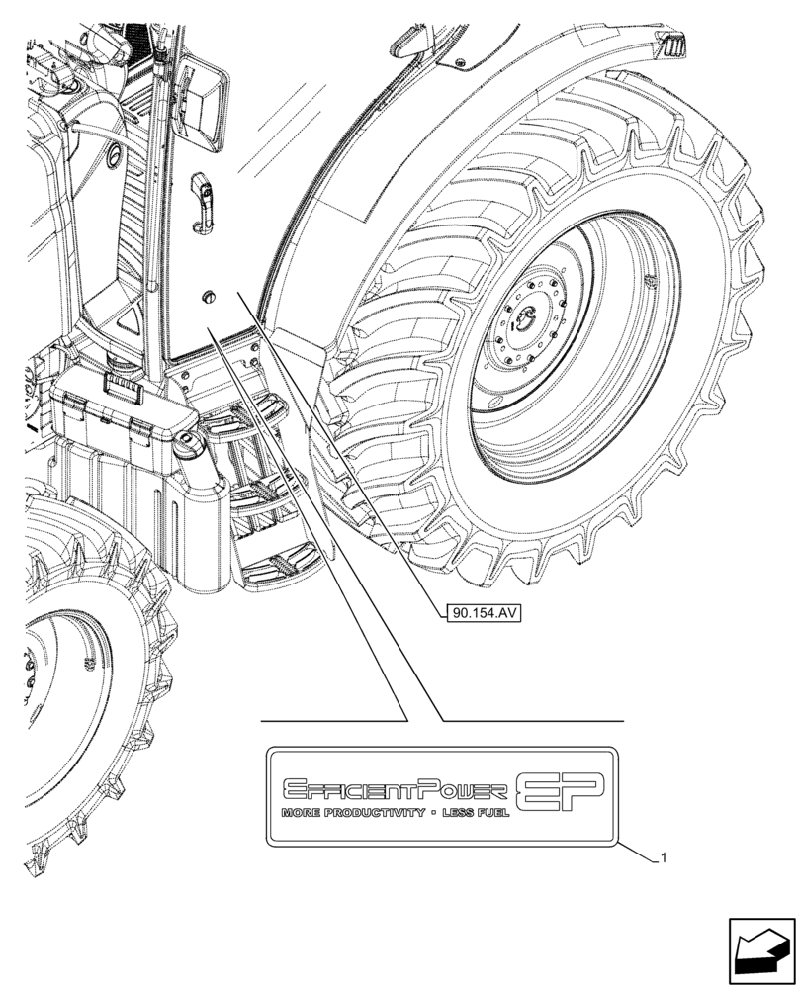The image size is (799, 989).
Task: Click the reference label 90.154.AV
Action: (x=484, y=613)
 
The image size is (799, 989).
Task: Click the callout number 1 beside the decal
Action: (x=663, y=858)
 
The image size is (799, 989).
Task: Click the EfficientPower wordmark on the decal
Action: (x=396, y=788)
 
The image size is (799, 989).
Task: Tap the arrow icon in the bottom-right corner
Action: (x=760, y=950)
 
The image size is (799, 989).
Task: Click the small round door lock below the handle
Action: (x=207, y=297)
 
